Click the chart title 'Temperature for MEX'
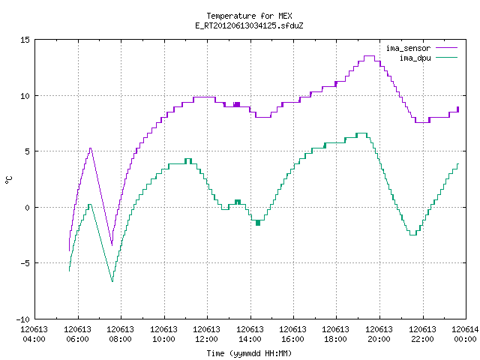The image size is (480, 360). (x=249, y=16)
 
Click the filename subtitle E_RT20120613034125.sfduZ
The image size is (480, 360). (x=249, y=25)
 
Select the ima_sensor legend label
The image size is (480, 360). (x=408, y=48)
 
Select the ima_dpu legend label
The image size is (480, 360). (x=415, y=58)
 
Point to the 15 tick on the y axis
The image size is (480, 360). (x=25, y=40)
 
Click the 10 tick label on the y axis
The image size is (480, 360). (x=25, y=96)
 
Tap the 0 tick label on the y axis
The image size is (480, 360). (x=27, y=208)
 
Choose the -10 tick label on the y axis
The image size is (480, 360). (x=23, y=319)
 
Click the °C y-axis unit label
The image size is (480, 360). (x=8, y=180)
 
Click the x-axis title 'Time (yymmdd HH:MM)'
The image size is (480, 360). (x=249, y=353)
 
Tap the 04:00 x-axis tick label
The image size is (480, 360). (x=34, y=339)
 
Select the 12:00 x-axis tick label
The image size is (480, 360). (x=207, y=339)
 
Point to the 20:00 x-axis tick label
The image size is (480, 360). (x=379, y=339)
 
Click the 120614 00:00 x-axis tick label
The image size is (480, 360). (x=465, y=334)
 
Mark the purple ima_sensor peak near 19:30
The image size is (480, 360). (x=369, y=56)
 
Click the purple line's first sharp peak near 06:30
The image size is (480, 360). (x=90, y=148)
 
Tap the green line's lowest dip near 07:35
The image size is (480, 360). (x=112, y=281)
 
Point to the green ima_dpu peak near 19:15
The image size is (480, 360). (x=361, y=133)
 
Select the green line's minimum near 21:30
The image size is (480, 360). (x=413, y=235)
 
